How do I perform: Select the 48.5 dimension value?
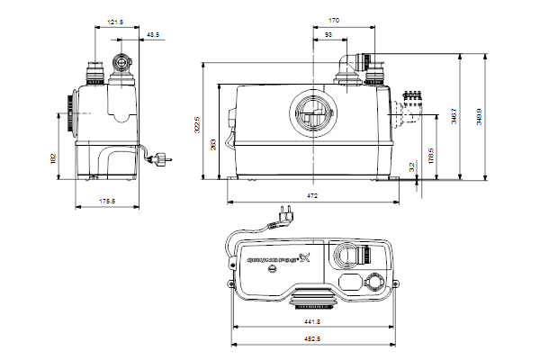153,34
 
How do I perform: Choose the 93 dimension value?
329,34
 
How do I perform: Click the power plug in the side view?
165,161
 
